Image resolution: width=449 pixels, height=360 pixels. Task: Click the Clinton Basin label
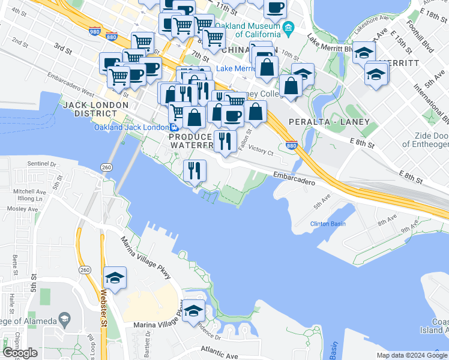coord(328,224)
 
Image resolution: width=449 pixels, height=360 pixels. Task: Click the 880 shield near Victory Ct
coord(292,145)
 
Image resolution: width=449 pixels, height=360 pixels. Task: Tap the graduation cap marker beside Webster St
coord(114,278)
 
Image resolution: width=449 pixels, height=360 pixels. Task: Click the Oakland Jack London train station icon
coord(174,127)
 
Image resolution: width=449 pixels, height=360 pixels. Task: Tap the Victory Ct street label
coord(261,152)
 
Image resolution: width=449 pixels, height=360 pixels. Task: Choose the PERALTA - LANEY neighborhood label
coord(325,121)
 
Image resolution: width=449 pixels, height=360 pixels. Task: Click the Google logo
coord(20,352)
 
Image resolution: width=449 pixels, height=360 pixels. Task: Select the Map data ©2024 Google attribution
coord(411,355)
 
